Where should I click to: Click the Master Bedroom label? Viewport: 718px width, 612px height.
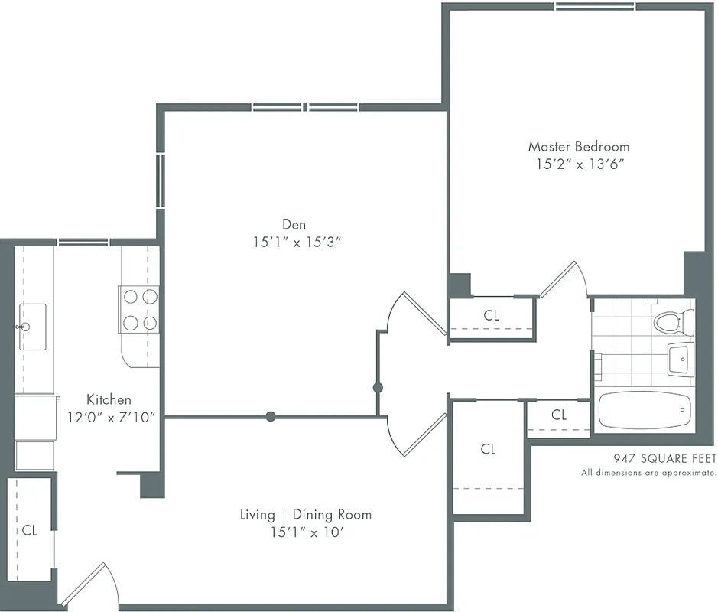click(x=579, y=146)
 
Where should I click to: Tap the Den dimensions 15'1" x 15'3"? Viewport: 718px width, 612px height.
click(x=294, y=243)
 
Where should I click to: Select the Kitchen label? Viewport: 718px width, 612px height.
click(x=109, y=399)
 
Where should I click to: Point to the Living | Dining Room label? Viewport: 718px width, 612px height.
click(x=305, y=514)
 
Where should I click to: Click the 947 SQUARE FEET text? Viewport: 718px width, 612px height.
click(x=664, y=459)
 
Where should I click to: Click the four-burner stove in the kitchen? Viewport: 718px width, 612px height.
click(x=139, y=309)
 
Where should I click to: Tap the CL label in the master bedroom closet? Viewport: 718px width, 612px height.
click(x=491, y=315)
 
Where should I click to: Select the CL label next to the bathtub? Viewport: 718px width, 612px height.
click(x=559, y=415)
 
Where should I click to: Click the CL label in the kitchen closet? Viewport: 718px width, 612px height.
click(x=29, y=529)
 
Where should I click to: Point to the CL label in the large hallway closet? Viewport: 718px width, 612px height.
click(x=489, y=449)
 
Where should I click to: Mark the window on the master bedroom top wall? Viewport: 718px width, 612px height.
click(x=596, y=7)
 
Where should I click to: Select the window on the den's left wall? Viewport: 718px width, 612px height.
click(x=161, y=181)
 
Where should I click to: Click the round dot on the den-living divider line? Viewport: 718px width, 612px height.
click(x=271, y=417)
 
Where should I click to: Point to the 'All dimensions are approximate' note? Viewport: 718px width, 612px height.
click(x=648, y=473)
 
